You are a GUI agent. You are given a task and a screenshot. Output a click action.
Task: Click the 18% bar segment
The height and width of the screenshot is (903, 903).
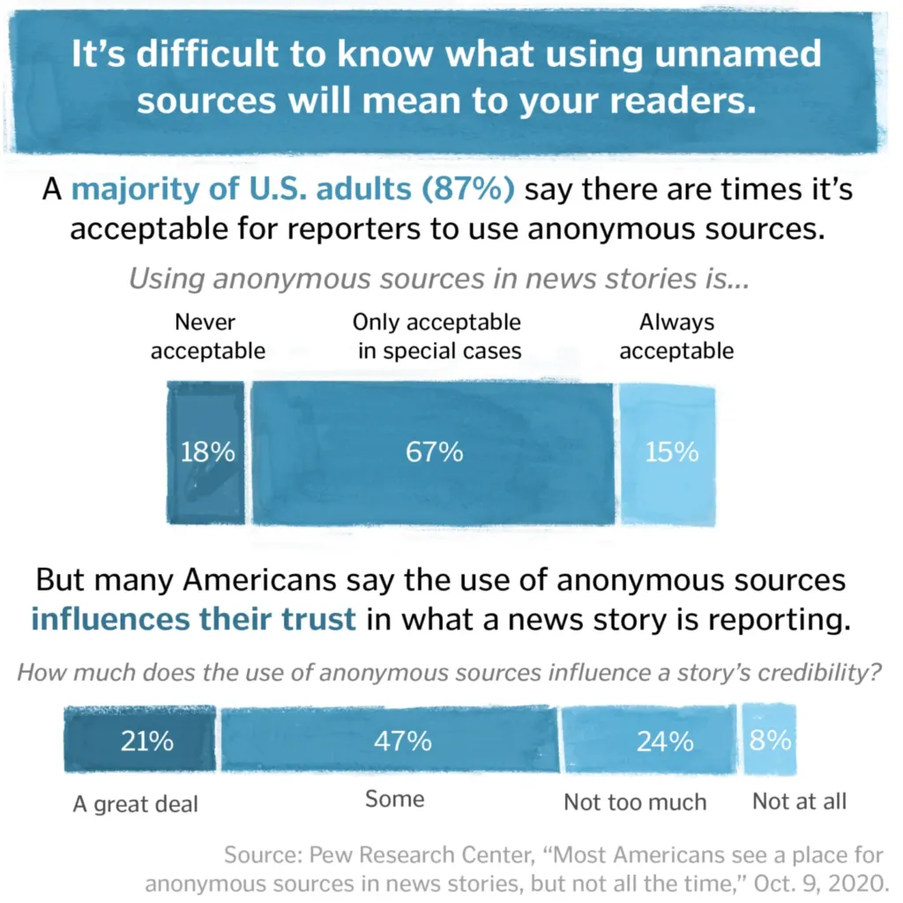click(x=206, y=452)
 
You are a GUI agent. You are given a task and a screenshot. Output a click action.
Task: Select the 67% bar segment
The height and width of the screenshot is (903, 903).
click(x=433, y=452)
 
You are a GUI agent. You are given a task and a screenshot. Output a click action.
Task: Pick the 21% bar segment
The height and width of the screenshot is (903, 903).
click(x=141, y=741)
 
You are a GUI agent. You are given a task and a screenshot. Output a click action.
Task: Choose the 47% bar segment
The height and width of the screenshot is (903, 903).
click(x=390, y=741)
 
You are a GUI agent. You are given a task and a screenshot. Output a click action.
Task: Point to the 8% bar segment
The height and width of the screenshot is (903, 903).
click(x=770, y=740)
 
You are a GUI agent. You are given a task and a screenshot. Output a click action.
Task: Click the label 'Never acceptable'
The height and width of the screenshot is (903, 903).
click(x=207, y=336)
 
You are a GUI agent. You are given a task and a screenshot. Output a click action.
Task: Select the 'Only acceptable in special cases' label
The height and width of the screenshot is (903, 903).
click(x=437, y=336)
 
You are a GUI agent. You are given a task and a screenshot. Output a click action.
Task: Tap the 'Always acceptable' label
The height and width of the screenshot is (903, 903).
click(x=676, y=336)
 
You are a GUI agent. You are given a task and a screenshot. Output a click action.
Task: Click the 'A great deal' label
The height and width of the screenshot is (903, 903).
click(x=136, y=803)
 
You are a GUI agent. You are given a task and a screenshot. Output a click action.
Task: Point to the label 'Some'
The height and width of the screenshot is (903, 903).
click(x=394, y=799)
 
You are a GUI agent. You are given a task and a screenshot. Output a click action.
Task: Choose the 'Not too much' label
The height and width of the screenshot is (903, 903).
click(x=635, y=802)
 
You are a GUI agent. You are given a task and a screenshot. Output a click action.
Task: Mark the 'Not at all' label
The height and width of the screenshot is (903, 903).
click(x=799, y=801)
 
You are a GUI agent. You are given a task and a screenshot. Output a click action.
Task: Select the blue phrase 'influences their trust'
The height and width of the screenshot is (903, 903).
click(x=193, y=618)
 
